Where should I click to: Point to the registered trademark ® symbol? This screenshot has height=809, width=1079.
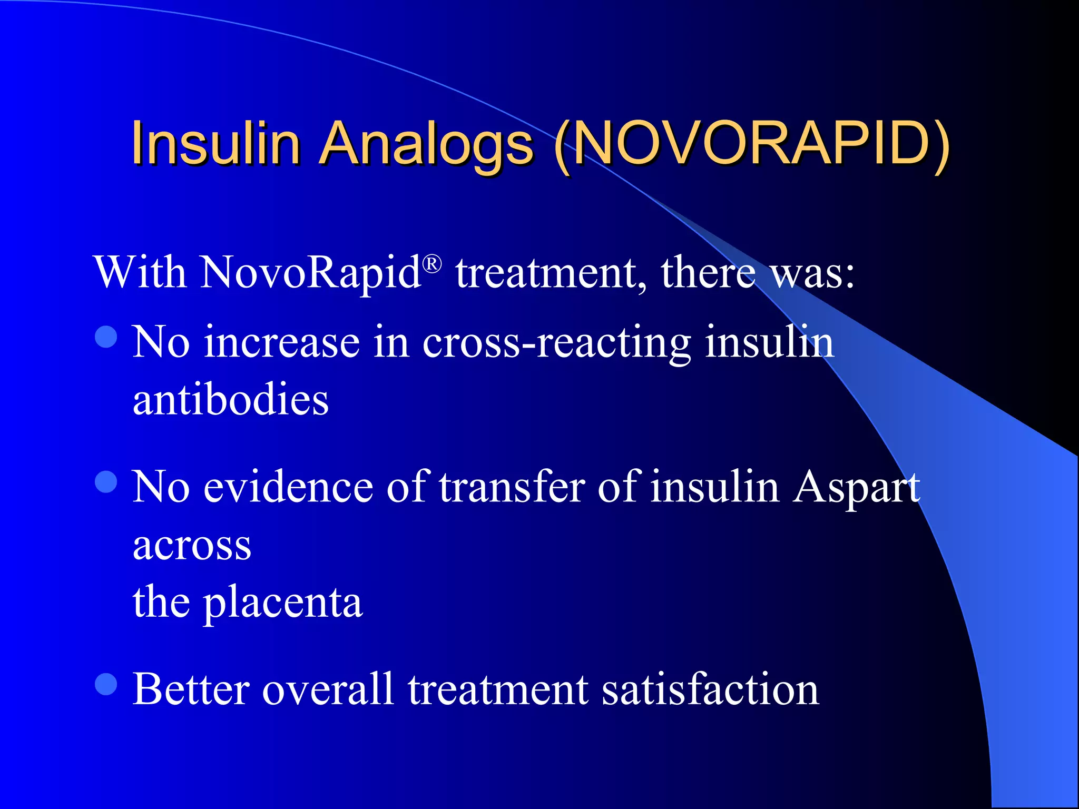(432, 264)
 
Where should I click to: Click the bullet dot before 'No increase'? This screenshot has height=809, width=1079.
(106, 337)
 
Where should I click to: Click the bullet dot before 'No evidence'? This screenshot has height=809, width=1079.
(106, 481)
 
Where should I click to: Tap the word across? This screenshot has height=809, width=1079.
(192, 546)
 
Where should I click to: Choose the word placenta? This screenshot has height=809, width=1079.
(283, 603)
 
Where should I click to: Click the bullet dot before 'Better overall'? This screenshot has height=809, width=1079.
(106, 684)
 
